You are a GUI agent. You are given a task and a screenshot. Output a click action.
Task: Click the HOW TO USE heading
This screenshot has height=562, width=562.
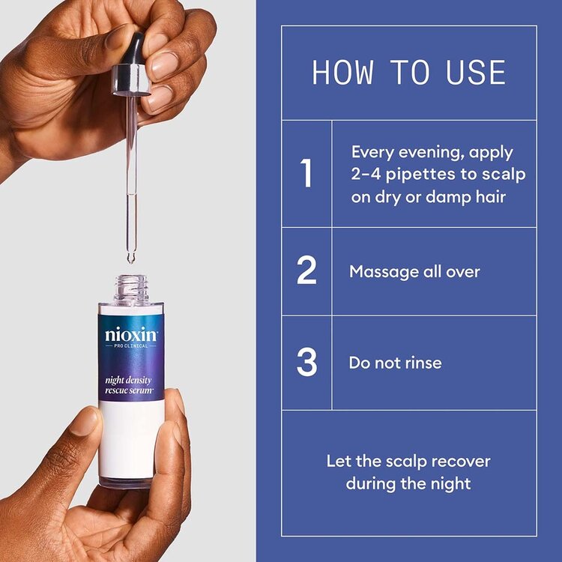(408, 73)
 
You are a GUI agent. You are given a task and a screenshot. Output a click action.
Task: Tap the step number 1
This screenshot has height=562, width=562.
(306, 174)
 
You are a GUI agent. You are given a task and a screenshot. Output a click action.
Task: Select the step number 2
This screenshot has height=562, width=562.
(306, 271)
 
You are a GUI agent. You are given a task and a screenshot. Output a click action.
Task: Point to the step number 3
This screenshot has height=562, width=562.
(306, 363)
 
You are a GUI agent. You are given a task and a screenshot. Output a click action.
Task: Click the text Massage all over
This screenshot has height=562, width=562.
(414, 271)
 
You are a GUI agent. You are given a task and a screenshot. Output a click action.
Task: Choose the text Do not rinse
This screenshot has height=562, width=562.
(395, 363)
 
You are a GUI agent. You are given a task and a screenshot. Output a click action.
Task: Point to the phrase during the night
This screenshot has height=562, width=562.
(408, 483)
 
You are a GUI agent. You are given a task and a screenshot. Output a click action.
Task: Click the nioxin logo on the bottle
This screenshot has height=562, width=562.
(131, 333)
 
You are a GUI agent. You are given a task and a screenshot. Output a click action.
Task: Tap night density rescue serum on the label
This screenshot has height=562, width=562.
(128, 384)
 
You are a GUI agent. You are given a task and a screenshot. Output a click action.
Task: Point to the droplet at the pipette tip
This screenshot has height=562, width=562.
(130, 259)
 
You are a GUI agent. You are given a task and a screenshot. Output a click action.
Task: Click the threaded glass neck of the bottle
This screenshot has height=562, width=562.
(130, 288)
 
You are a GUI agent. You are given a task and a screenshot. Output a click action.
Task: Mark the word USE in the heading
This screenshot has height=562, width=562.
(472, 73)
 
